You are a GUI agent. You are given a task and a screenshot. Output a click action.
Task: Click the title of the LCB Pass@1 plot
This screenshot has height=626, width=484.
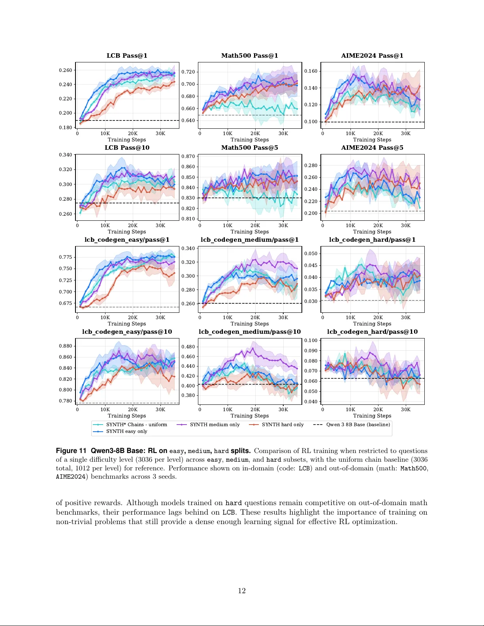[x=127, y=56]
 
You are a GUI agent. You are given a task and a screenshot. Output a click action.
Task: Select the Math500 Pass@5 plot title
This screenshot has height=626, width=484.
[x=249, y=148]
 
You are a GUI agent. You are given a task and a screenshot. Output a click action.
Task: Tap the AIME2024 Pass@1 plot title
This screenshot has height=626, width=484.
[x=372, y=56]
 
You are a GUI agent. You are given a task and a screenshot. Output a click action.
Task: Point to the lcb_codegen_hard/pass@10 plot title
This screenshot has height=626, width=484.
[x=372, y=332]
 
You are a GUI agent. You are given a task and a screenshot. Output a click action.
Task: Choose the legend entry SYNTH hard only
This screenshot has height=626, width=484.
[x=282, y=425]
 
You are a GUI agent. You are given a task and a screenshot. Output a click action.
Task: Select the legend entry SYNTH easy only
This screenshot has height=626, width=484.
[x=126, y=431]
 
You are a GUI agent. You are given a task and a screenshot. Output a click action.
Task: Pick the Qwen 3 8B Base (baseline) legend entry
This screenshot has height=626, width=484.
[x=358, y=425]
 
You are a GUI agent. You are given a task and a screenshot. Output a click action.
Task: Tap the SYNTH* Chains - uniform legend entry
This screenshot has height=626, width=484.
[x=136, y=425]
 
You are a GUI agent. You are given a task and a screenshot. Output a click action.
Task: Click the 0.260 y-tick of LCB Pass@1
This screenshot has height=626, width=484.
[x=66, y=70]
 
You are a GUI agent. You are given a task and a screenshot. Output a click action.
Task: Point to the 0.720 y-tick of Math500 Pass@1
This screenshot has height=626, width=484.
[x=188, y=72]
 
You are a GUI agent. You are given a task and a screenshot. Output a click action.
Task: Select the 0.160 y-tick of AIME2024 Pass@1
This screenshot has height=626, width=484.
[x=311, y=71]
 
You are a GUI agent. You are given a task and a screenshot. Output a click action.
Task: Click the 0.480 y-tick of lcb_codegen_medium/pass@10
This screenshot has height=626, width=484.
[x=188, y=347]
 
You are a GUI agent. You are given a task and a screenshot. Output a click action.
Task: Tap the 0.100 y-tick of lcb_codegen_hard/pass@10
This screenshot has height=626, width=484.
[x=311, y=340]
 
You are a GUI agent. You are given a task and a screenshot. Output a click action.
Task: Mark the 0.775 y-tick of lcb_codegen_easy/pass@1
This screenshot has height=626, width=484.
[x=66, y=257]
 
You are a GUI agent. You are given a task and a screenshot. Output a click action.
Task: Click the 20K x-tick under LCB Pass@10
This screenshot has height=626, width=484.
[x=133, y=226]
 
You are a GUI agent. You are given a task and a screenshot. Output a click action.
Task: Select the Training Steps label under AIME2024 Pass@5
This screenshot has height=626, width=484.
[x=372, y=232]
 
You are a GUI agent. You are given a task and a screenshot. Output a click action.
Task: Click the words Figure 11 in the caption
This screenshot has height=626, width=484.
[x=71, y=451]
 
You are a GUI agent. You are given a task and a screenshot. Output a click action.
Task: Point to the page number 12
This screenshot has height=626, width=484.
[x=242, y=591]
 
